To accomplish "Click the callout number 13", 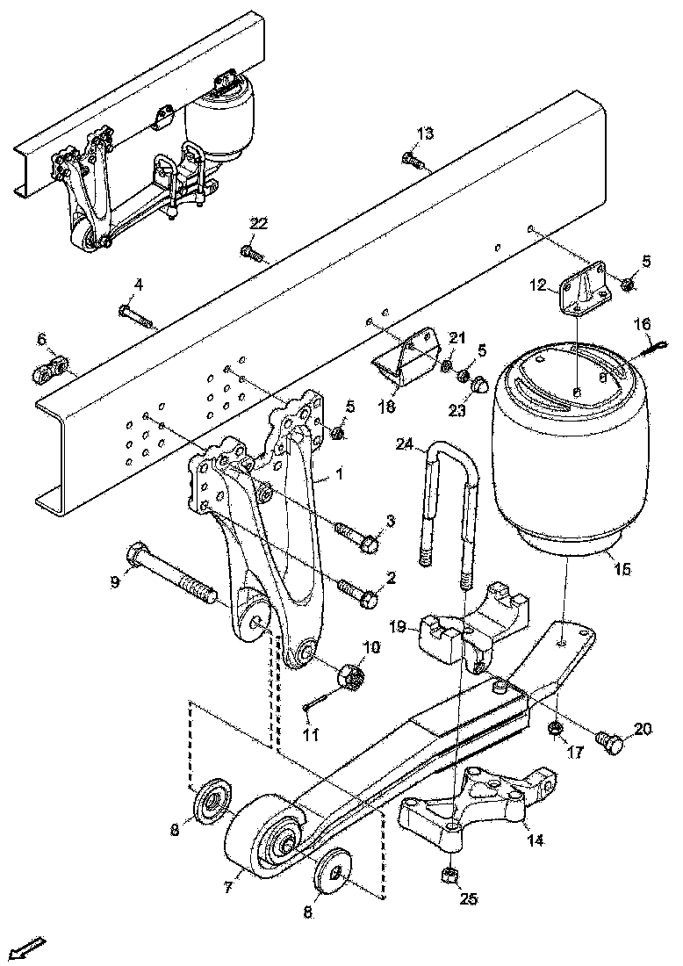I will (425, 133).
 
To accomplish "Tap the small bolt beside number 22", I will (251, 253).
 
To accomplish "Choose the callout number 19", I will (398, 627).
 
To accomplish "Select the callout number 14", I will (535, 840).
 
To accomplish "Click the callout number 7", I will (227, 887).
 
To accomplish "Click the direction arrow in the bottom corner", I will (28, 948).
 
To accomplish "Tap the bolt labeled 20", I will (612, 743).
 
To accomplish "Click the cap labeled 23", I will (480, 385).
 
